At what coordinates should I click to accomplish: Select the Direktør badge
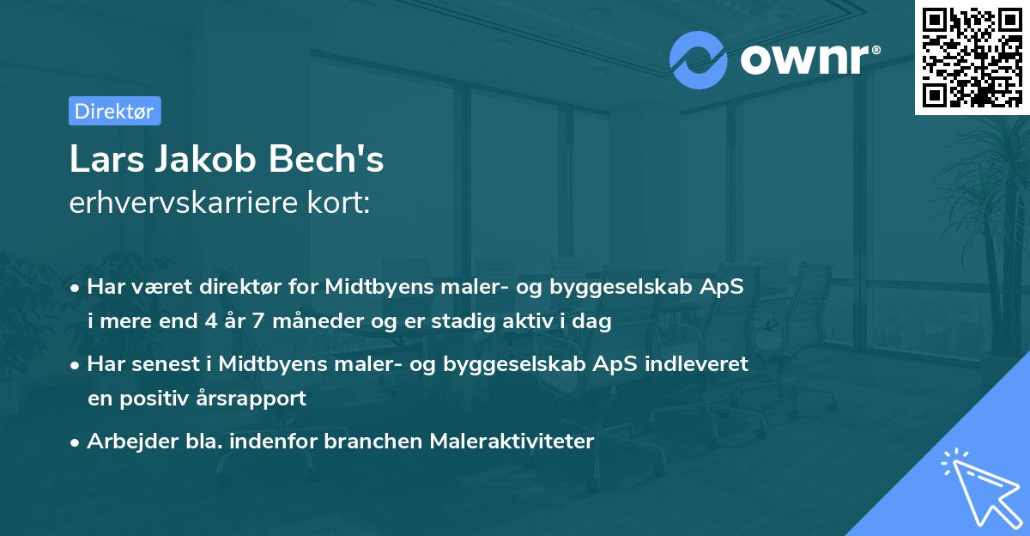click(114, 111)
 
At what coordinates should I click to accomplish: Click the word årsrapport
click(257, 399)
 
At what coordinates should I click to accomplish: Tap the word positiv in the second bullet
click(160, 399)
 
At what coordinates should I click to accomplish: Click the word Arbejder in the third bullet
click(126, 442)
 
